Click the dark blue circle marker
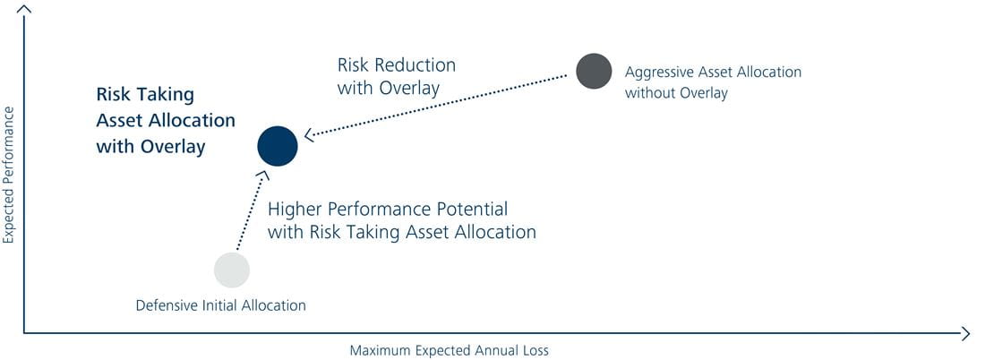click(278, 146)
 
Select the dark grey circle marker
click(594, 71)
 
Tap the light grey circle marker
click(232, 270)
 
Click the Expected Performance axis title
click(8, 175)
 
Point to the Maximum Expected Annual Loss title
click(450, 350)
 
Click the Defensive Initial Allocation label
click(220, 305)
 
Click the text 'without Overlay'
click(676, 93)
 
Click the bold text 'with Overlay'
click(150, 147)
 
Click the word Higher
click(292, 210)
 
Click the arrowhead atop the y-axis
click(25, 8)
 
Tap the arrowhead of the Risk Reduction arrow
click(309, 134)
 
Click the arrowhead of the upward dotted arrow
click(263, 176)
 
